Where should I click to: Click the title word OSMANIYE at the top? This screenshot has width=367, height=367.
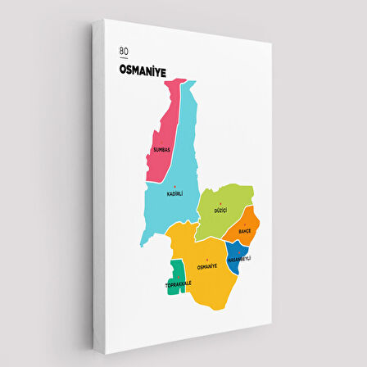(x=143, y=71)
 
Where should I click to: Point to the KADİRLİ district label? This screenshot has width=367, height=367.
(x=174, y=193)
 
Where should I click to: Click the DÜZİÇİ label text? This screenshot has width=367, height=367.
(x=220, y=211)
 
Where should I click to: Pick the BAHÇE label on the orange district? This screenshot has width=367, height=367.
(x=244, y=232)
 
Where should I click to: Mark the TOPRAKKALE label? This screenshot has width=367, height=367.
(x=177, y=283)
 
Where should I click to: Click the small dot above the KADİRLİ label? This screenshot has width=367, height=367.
(x=174, y=187)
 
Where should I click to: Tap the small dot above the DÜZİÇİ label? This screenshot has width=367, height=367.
(x=220, y=204)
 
